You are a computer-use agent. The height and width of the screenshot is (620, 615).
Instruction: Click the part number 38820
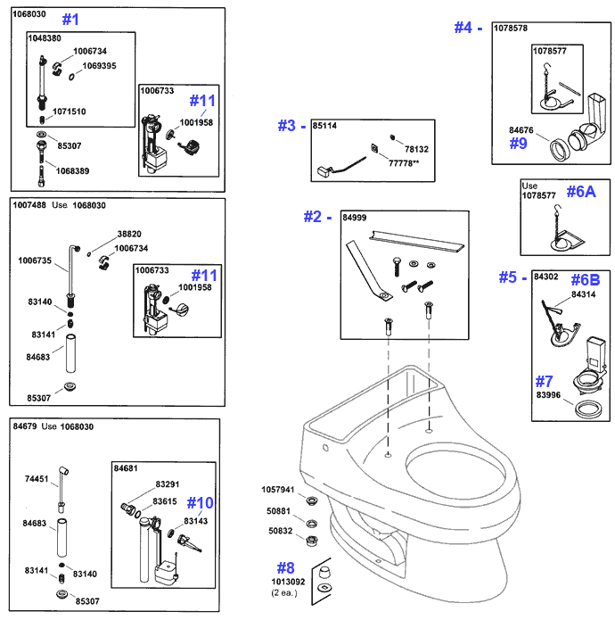(129, 236)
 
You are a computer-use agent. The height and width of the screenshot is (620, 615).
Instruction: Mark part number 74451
(37, 478)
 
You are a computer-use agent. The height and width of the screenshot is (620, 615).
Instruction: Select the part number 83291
(168, 484)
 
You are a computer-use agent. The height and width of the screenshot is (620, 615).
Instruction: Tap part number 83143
(196, 521)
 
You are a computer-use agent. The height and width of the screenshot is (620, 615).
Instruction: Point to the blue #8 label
(284, 567)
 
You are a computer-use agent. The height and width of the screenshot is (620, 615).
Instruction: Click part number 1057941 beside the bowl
(277, 489)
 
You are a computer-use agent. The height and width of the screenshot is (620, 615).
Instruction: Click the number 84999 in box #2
(355, 217)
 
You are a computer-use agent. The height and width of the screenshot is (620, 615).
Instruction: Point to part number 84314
(584, 293)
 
